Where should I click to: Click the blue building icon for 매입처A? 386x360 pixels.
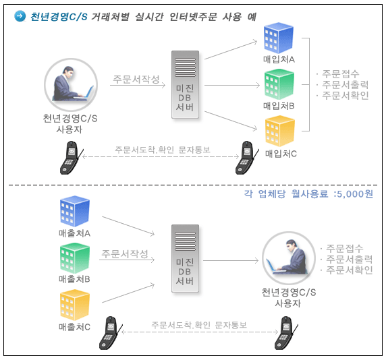click(x=279, y=38)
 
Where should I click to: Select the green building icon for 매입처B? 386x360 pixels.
click(x=279, y=84)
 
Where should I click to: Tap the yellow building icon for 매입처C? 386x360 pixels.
click(x=280, y=131)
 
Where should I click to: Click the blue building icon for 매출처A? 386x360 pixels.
click(x=75, y=211)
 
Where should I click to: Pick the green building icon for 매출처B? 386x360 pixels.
click(x=75, y=258)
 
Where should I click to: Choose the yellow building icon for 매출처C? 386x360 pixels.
click(x=75, y=305)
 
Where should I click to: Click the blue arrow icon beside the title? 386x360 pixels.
click(x=20, y=16)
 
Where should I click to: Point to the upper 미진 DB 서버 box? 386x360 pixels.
click(x=185, y=84)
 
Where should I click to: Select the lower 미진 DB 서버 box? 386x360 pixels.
click(x=185, y=258)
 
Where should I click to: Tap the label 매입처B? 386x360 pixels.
click(x=279, y=106)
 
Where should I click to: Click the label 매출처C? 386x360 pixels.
click(x=75, y=327)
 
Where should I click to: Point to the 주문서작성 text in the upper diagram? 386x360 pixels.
click(x=136, y=79)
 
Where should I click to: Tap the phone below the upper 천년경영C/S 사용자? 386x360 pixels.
click(x=72, y=158)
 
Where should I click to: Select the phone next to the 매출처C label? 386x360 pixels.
click(x=111, y=333)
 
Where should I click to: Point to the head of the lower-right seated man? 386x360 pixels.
click(x=292, y=245)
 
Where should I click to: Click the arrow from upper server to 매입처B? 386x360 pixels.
click(x=232, y=86)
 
